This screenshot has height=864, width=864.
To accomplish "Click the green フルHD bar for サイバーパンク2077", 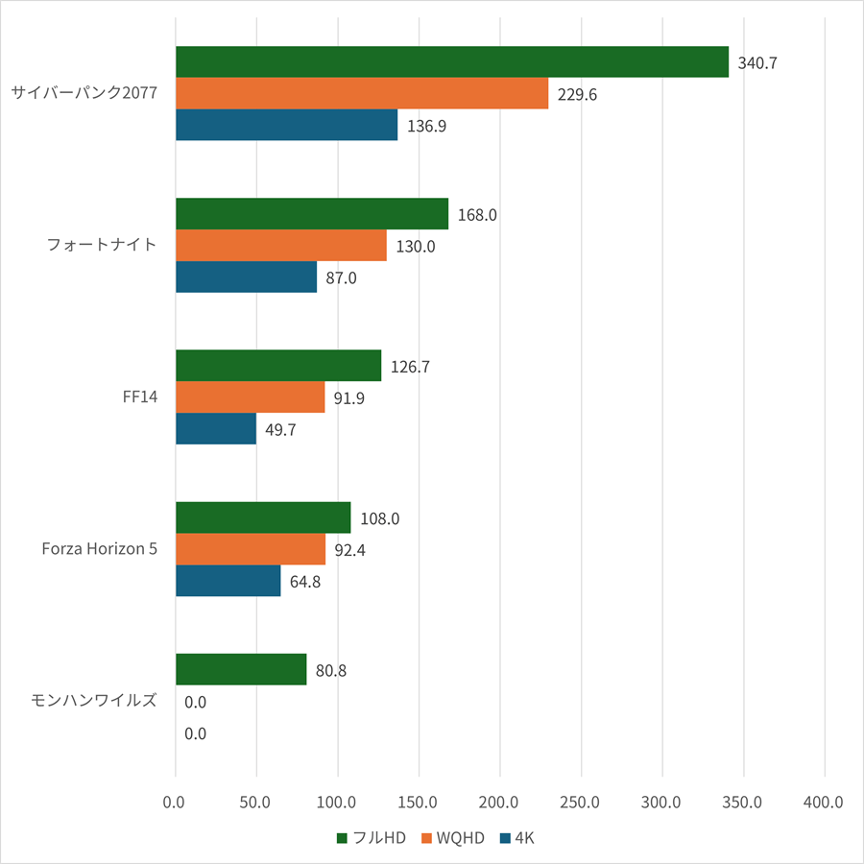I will pyautogui.click(x=451, y=62).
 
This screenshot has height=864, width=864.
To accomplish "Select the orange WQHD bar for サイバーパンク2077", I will pyautogui.click(x=362, y=94).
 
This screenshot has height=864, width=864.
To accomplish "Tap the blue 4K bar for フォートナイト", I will pyautogui.click(x=246, y=277).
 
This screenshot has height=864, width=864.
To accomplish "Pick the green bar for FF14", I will pyautogui.click(x=278, y=366).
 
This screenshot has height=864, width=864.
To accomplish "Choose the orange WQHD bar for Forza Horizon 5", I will pyautogui.click(x=251, y=549).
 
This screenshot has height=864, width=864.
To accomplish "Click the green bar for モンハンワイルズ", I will pyautogui.click(x=241, y=670).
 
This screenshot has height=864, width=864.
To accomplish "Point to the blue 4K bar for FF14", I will pyautogui.click(x=216, y=429).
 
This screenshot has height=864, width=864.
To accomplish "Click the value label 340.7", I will pyautogui.click(x=757, y=63).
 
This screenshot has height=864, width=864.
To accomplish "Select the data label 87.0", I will pyautogui.click(x=341, y=277).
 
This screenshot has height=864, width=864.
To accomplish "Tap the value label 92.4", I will pyautogui.click(x=349, y=550).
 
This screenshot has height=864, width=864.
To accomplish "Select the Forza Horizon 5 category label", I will pyautogui.click(x=100, y=549).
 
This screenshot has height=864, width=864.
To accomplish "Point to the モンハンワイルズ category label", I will pyautogui.click(x=94, y=701).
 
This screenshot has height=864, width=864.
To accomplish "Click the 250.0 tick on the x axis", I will pyautogui.click(x=581, y=802).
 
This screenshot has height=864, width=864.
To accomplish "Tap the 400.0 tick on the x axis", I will pyautogui.click(x=824, y=802).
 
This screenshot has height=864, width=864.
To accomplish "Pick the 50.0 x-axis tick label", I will pyautogui.click(x=256, y=802).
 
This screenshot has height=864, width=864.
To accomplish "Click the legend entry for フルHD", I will pyautogui.click(x=372, y=838).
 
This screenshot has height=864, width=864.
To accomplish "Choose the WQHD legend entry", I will pyautogui.click(x=454, y=838).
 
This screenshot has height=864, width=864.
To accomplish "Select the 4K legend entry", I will pyautogui.click(x=517, y=838).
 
